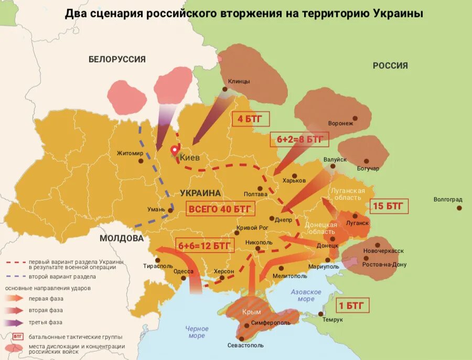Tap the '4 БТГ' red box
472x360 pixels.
[x=250, y=119]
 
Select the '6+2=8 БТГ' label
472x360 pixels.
[x=299, y=140]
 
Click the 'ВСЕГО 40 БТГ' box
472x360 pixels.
[x=221, y=208]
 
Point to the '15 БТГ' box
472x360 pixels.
[x=389, y=206]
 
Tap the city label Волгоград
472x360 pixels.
[x=448, y=199]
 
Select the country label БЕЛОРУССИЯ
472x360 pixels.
[x=117, y=59]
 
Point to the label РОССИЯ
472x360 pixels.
[x=390, y=66]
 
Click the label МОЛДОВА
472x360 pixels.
[x=122, y=238]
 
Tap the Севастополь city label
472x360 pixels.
[x=245, y=345]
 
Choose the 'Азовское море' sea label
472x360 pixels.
[x=306, y=295]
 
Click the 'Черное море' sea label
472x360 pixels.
[x=197, y=332]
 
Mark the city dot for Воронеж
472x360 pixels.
[x=355, y=119]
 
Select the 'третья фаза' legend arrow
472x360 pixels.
[x=15, y=322]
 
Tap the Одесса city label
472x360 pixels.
[x=184, y=271]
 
